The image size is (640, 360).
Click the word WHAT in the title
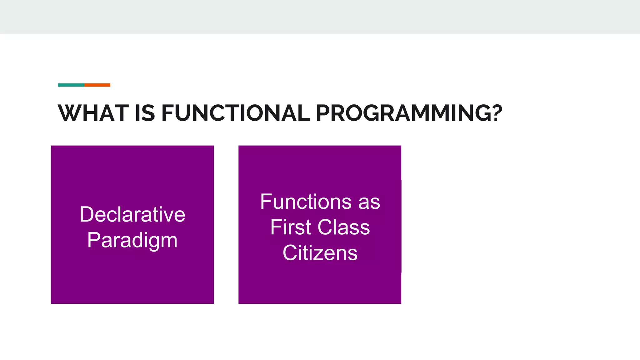(x=93, y=113)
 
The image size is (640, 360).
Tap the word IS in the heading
(x=145, y=113)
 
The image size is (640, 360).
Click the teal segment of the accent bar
(x=71, y=85)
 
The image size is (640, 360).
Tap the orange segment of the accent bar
(x=97, y=85)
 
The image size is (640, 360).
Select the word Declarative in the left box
(x=132, y=214)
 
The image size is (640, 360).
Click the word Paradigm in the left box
(x=132, y=241)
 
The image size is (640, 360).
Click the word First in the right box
(x=290, y=227)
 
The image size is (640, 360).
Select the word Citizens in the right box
(x=320, y=253)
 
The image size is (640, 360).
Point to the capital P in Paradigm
(x=93, y=240)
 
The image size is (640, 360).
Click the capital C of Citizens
(x=290, y=253)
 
